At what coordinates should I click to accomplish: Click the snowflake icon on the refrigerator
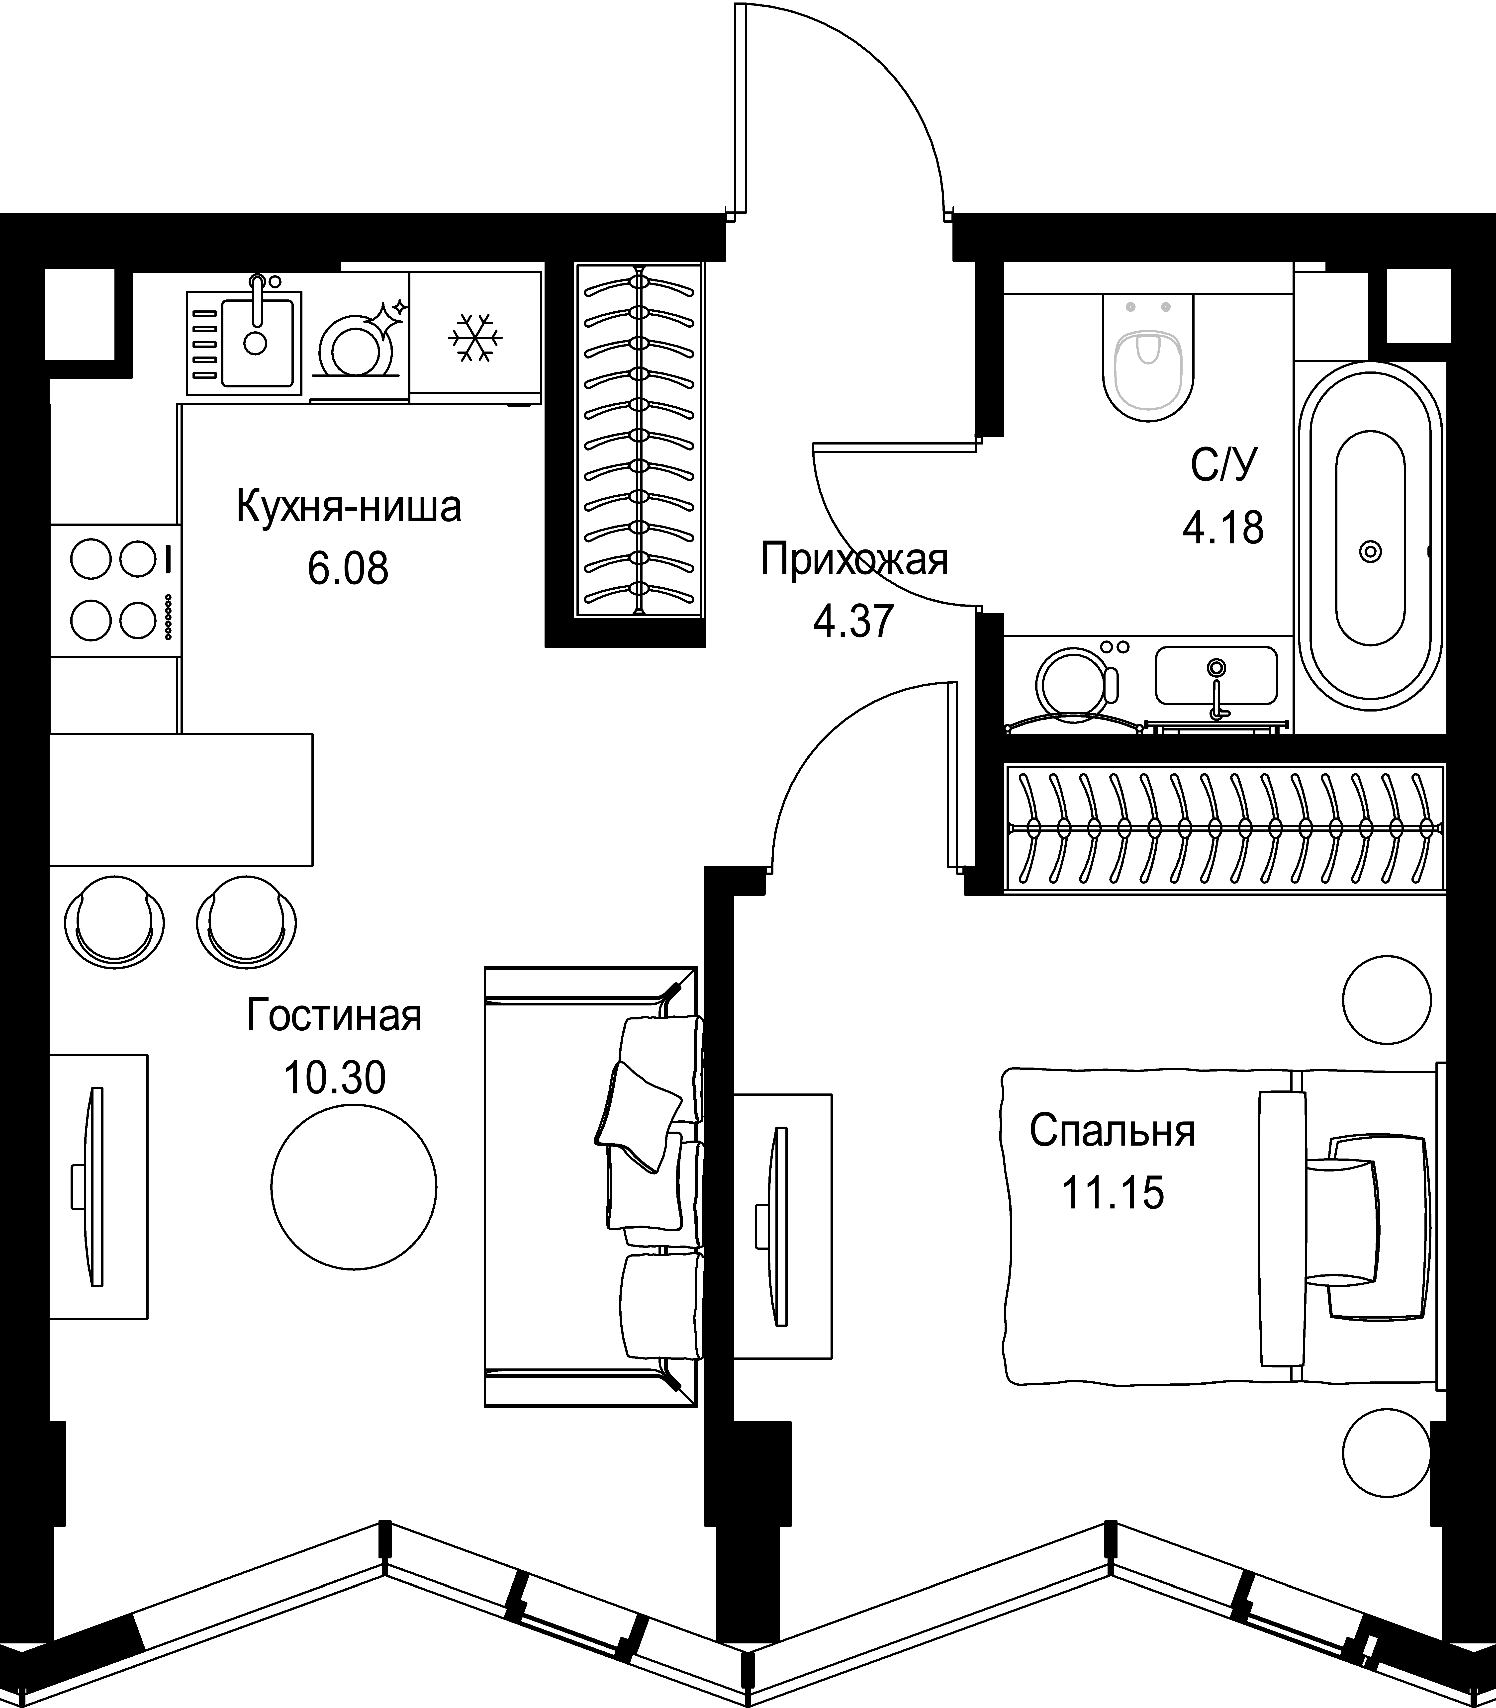(475, 338)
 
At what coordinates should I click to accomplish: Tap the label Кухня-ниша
(349, 508)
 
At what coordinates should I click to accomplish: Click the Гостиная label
(335, 1016)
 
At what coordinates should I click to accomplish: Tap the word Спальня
(1112, 1131)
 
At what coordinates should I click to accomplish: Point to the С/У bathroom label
(1223, 467)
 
